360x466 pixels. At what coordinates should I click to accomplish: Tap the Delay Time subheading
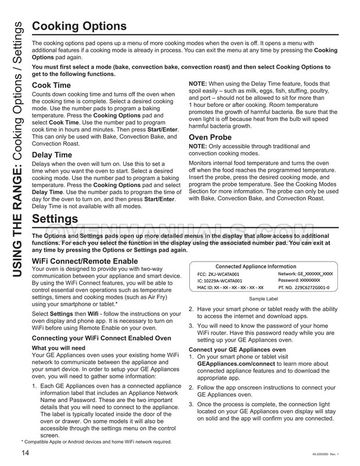pos(53,155)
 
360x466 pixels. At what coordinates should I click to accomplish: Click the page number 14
pos(26,453)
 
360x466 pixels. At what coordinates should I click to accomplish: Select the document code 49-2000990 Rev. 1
pos(322,454)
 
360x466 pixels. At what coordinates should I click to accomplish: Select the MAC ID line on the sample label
pos(231,287)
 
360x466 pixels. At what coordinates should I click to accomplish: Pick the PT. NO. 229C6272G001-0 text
pos(304,287)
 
